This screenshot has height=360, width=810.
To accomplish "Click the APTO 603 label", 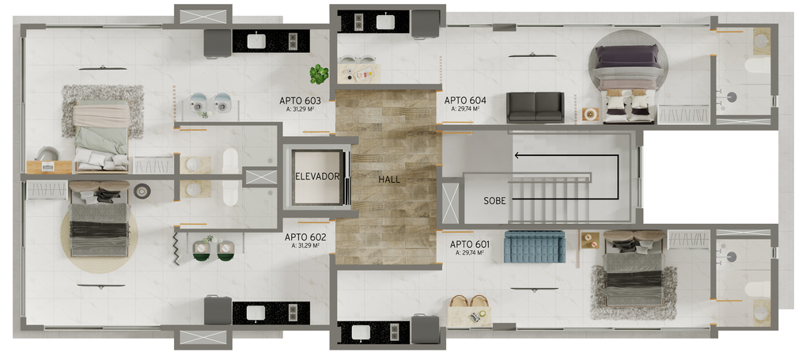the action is coord(300,100).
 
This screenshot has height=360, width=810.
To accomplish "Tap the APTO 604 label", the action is coord(465,100).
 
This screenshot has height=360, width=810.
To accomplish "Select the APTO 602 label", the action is coord(305,237).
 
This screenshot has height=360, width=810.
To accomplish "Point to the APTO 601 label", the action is coord(470,244).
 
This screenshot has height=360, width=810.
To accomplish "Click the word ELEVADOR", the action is coord(317,176).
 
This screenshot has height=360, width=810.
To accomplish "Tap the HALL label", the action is coord(389,180).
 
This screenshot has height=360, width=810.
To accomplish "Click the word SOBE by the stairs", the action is coord(494,201).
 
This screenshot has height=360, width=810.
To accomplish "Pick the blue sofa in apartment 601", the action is coord(535,247).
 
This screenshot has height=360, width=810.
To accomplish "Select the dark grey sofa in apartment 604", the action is coord(536,107).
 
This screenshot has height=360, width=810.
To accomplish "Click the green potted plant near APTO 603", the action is coord(320,74).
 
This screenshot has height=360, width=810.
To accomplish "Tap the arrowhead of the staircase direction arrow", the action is coord(517,155).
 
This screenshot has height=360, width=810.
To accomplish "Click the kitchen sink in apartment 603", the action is coord(256,41).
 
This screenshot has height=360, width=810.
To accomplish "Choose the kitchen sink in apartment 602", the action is coord(256,313).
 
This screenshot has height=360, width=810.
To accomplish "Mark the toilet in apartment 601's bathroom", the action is coord(757,290).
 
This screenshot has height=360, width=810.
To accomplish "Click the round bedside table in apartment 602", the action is coord(142,191).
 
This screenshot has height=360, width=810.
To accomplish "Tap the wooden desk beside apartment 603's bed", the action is coord(49,167).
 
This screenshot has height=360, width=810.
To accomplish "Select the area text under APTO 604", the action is coord(464,109).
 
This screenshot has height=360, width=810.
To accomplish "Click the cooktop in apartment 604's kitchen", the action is coord(358,21).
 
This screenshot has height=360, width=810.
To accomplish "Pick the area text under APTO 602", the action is coord(305,246).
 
